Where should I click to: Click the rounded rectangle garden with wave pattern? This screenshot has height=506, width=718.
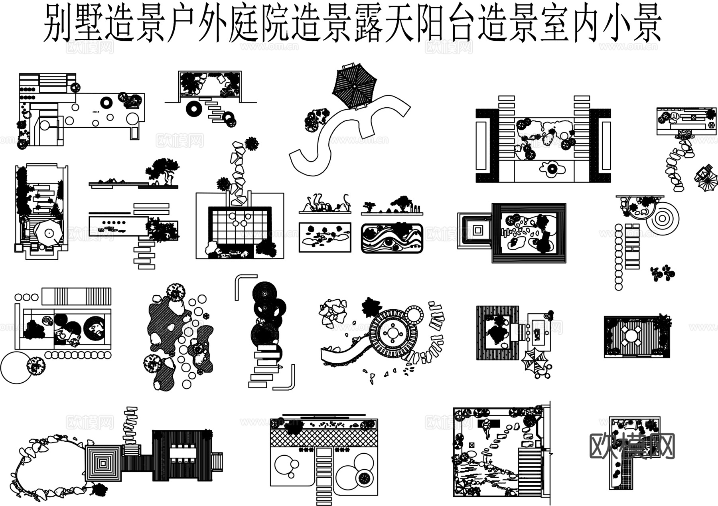(x=392, y=238)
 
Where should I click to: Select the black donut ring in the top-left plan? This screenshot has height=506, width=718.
(x=106, y=103)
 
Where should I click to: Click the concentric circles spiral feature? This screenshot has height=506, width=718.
(x=662, y=219)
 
